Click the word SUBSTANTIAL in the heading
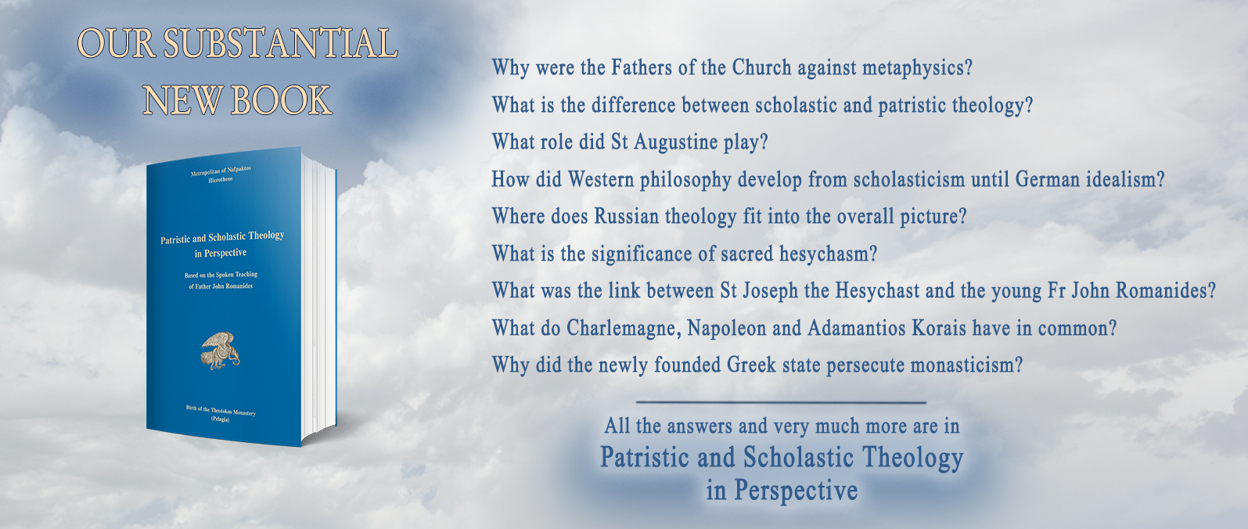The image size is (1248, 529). click(x=279, y=44)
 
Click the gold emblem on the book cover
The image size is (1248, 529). click(x=220, y=351)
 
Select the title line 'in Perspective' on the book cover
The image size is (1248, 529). click(x=221, y=253)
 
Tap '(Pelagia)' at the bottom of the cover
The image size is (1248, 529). click(x=220, y=419)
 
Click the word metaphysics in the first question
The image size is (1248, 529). click(x=917, y=68)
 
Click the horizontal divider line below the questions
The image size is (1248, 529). click(x=781, y=402)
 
